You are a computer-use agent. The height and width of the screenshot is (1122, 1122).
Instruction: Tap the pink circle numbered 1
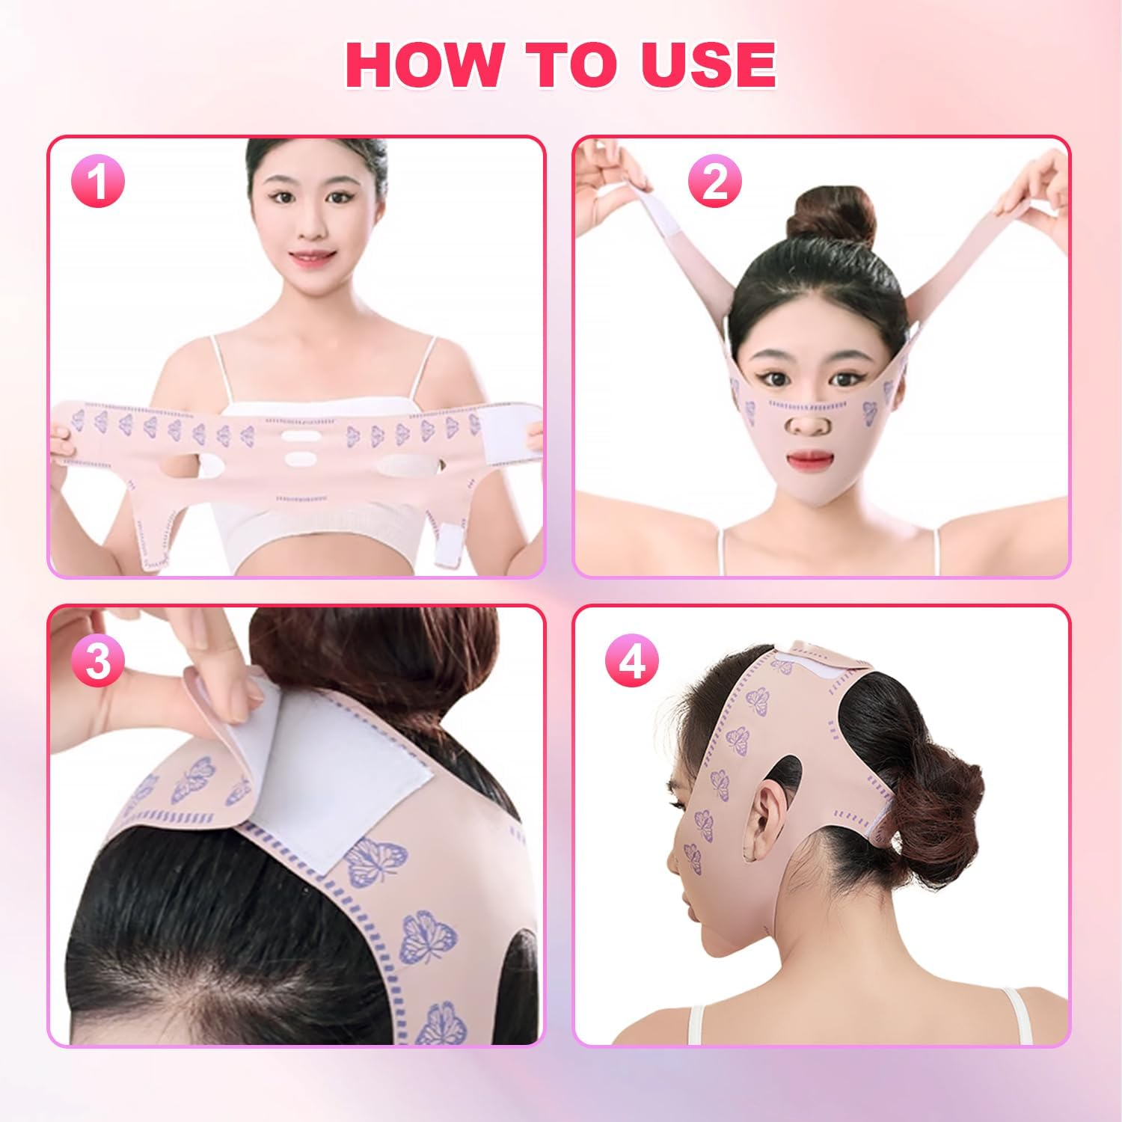pyautogui.click(x=98, y=182)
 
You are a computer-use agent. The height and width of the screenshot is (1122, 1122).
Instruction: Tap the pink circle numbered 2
pyautogui.click(x=714, y=182)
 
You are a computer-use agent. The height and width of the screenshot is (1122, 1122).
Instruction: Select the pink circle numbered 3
pyautogui.click(x=98, y=660)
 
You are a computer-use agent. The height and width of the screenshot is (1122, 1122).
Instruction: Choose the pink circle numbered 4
pyautogui.click(x=632, y=660)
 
